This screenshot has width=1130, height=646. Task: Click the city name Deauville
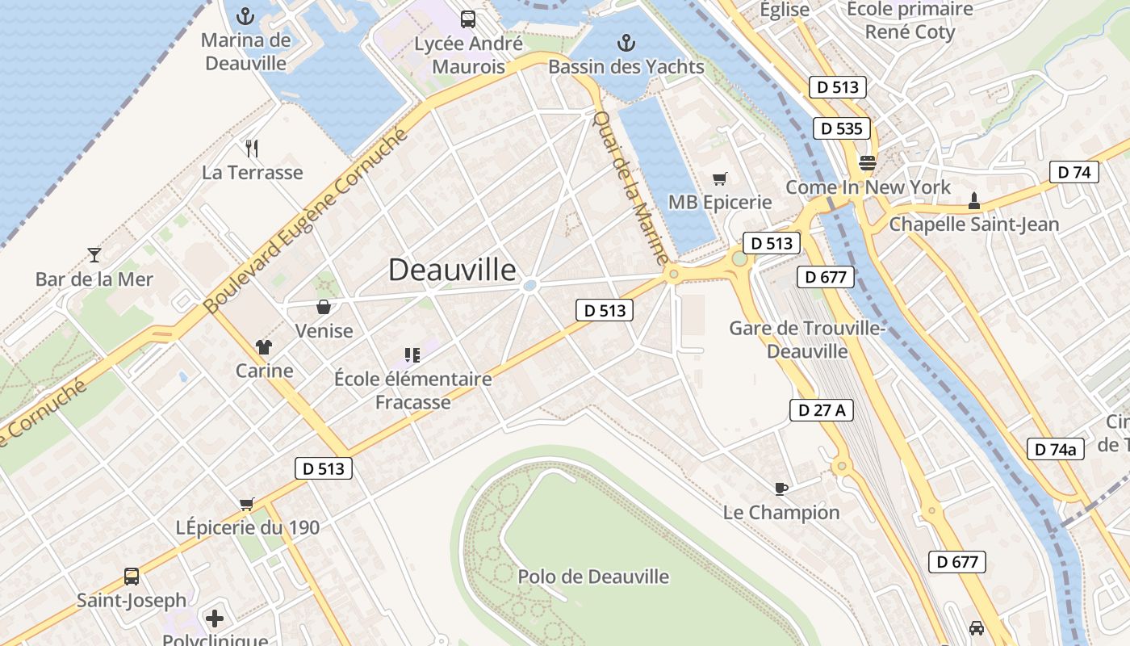(452, 270)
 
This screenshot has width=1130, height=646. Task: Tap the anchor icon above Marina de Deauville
(245, 16)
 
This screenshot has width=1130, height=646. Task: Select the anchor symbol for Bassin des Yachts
(626, 43)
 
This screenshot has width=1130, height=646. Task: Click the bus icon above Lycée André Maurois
(467, 19)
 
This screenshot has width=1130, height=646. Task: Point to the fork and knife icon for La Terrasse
(252, 148)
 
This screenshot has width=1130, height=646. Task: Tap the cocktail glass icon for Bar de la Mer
(94, 255)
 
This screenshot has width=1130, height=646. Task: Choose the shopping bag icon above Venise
(324, 307)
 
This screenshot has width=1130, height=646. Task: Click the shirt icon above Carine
(264, 347)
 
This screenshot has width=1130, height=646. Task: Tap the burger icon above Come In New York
(868, 163)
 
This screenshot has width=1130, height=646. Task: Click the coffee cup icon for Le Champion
(781, 488)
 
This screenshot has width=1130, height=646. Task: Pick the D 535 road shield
(842, 128)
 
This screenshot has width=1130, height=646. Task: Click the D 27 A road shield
(821, 410)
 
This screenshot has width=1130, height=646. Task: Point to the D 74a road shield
(1055, 450)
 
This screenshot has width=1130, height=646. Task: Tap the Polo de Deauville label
(593, 577)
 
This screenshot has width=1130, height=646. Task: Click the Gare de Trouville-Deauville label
(807, 340)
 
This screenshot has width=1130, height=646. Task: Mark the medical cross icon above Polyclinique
(215, 619)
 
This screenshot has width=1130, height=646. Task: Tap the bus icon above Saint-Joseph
(132, 577)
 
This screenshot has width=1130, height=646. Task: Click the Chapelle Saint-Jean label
(973, 224)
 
